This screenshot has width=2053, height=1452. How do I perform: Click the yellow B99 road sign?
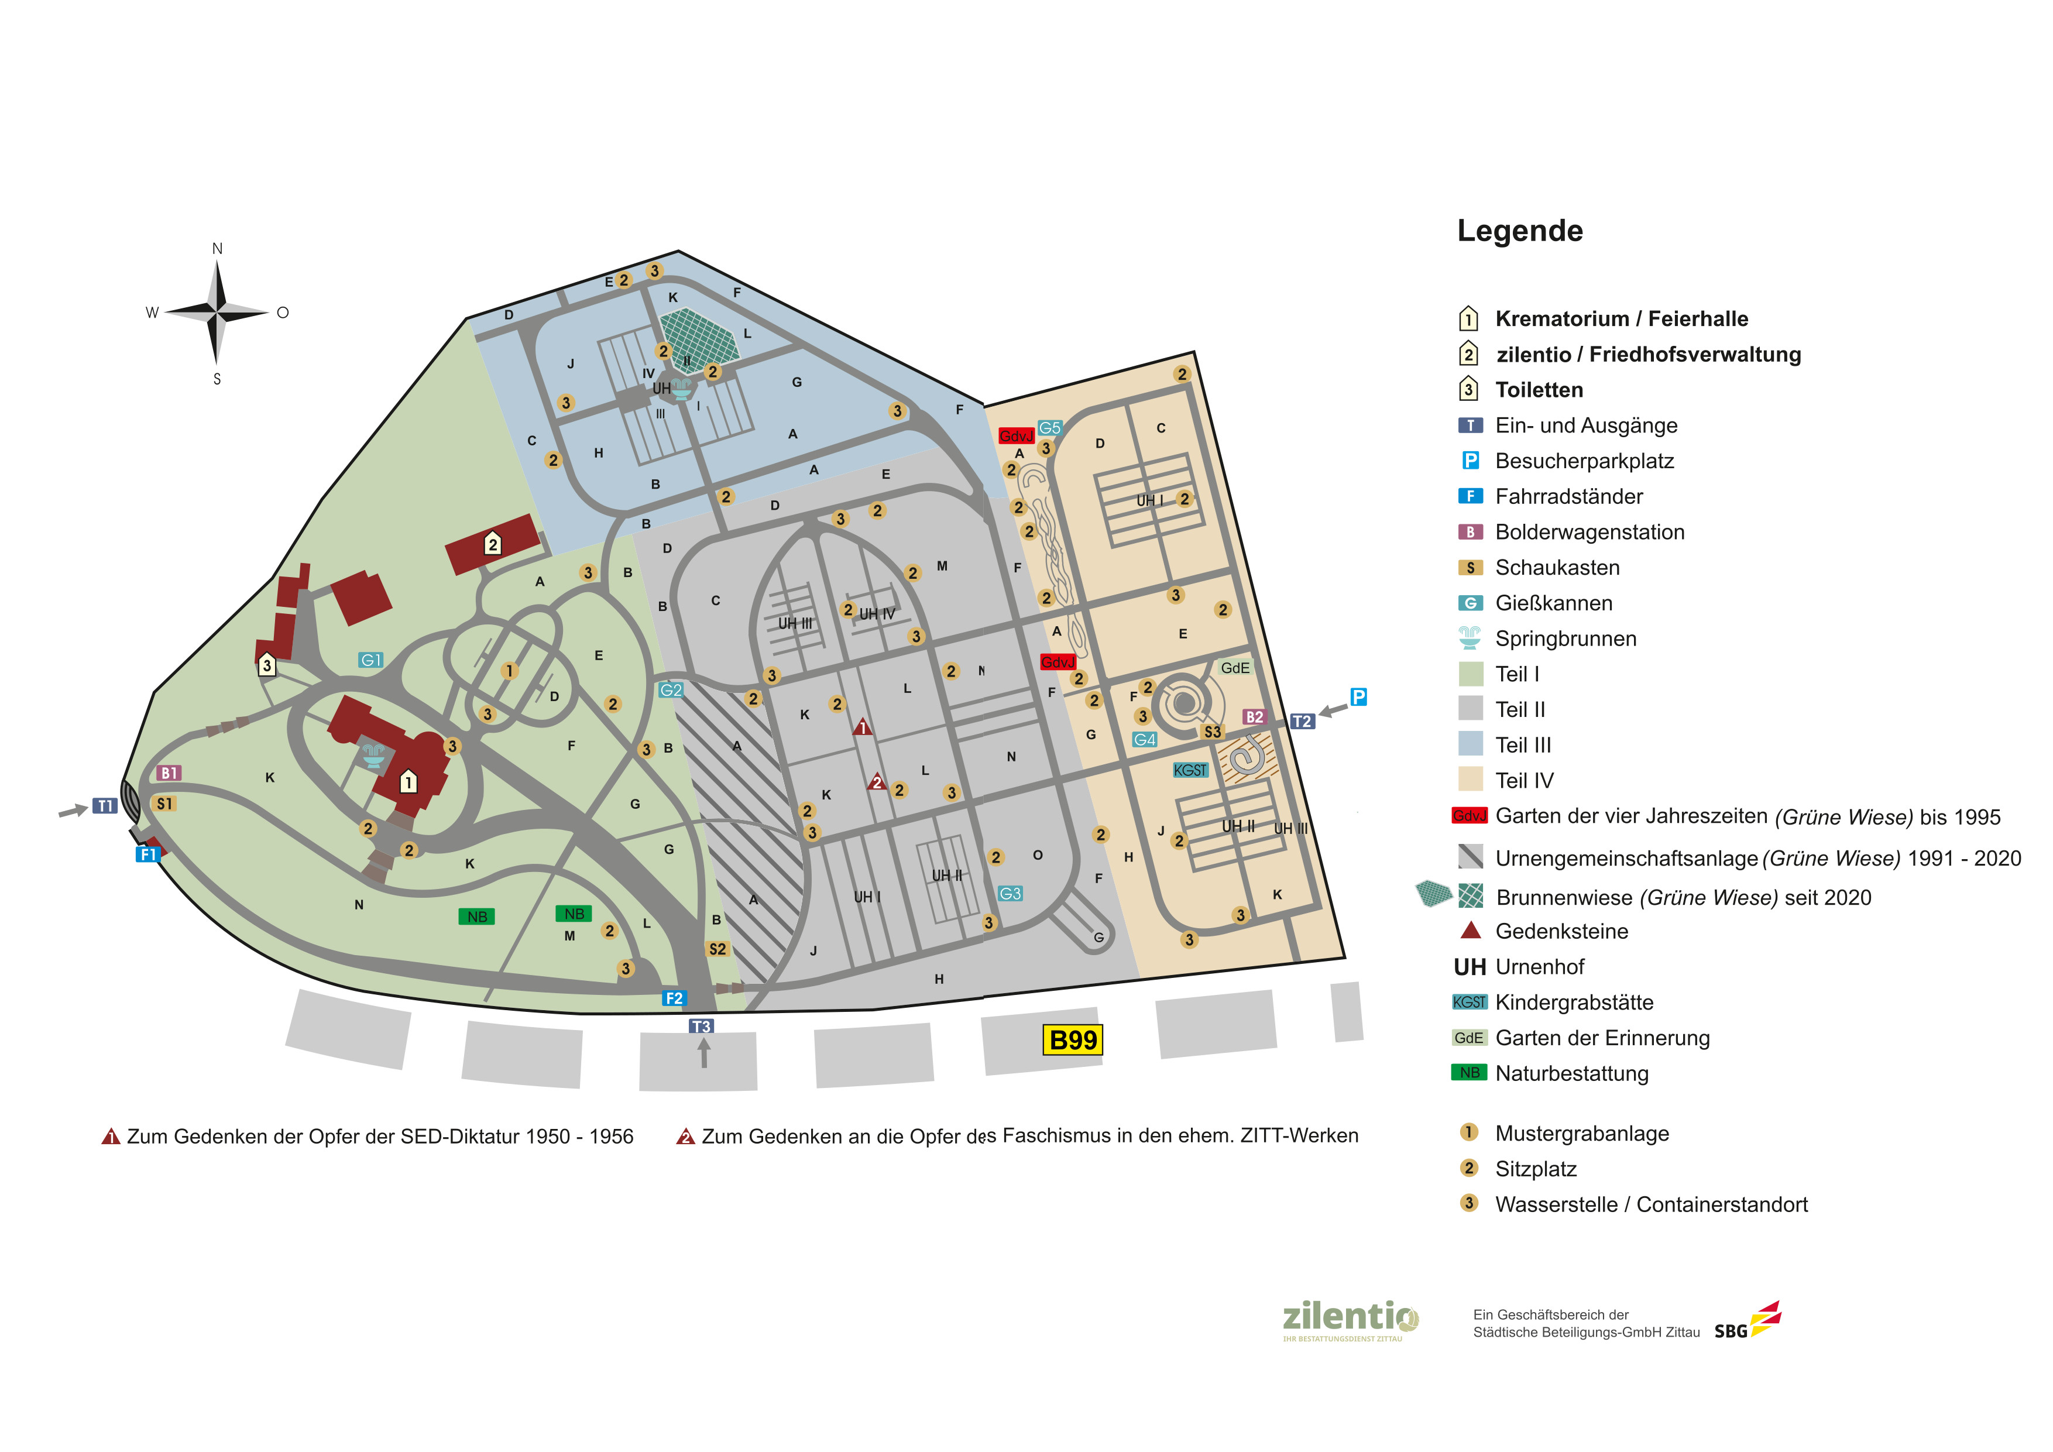pyautogui.click(x=1072, y=1040)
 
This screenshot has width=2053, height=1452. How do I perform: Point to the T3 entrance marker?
pyautogui.click(x=701, y=1027)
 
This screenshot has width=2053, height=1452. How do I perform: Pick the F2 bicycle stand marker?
pyautogui.click(x=673, y=998)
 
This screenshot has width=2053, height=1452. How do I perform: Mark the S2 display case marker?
pyautogui.click(x=717, y=949)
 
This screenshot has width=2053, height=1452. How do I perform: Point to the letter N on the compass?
pyautogui.click(x=217, y=249)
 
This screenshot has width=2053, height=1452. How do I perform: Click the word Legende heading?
pyautogui.click(x=1519, y=231)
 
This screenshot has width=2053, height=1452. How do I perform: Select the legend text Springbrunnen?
pyautogui.click(x=1566, y=639)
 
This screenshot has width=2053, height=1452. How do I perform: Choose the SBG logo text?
pyautogui.click(x=1730, y=1331)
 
